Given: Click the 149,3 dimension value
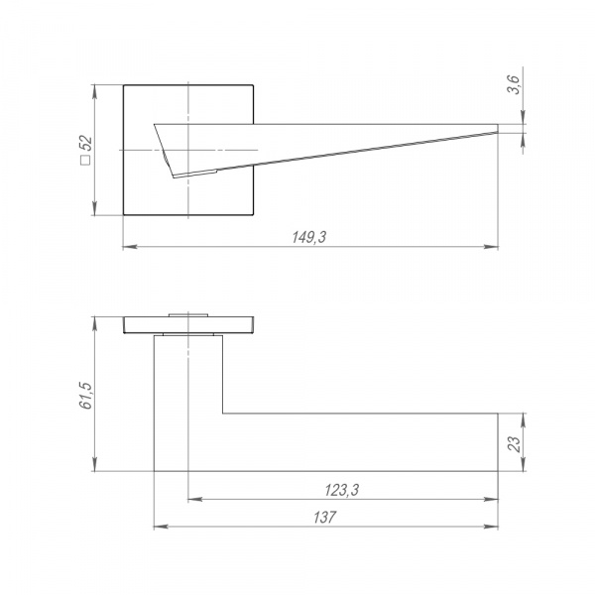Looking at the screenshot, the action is coord(308,237).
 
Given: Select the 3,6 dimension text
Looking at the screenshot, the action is coord(515,84).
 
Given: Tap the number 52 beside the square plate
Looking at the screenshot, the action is coord(86,144).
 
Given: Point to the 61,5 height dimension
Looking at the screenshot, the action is coord(86,396).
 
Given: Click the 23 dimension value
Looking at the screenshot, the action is coord(514,443).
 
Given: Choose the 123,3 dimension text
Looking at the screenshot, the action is coord(341,490).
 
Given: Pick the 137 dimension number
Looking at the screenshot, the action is coord(325,518).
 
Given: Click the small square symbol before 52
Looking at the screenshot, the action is coord(86,160).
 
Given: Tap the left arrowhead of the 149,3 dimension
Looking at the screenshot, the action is coord(130,247).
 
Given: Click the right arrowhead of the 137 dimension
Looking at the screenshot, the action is coord(491,527).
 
